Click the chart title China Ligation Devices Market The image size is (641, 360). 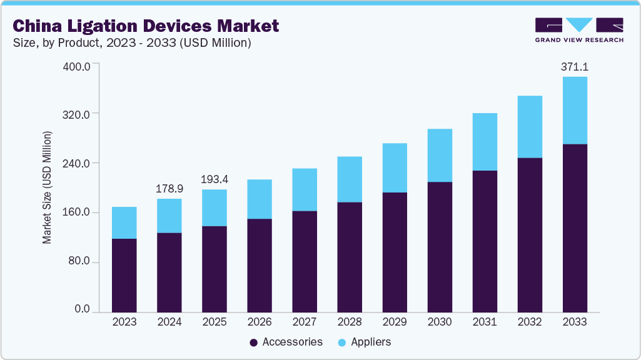click(x=145, y=26)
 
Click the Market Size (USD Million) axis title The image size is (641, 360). click(x=47, y=187)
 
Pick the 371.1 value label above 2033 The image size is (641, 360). click(x=575, y=66)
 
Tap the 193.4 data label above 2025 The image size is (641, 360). click(x=215, y=179)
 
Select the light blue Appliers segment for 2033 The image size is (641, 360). click(x=575, y=110)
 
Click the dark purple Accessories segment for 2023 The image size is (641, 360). click(x=124, y=275)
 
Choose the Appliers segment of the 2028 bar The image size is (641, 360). click(x=350, y=179)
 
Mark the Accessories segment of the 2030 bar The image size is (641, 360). click(x=440, y=246)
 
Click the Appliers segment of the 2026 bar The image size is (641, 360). click(x=260, y=199)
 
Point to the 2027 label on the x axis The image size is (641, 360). click(x=305, y=322)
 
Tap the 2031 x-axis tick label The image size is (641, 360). click(x=485, y=322)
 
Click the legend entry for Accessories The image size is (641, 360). click(x=286, y=342)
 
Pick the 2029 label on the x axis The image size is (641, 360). click(x=395, y=322)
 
